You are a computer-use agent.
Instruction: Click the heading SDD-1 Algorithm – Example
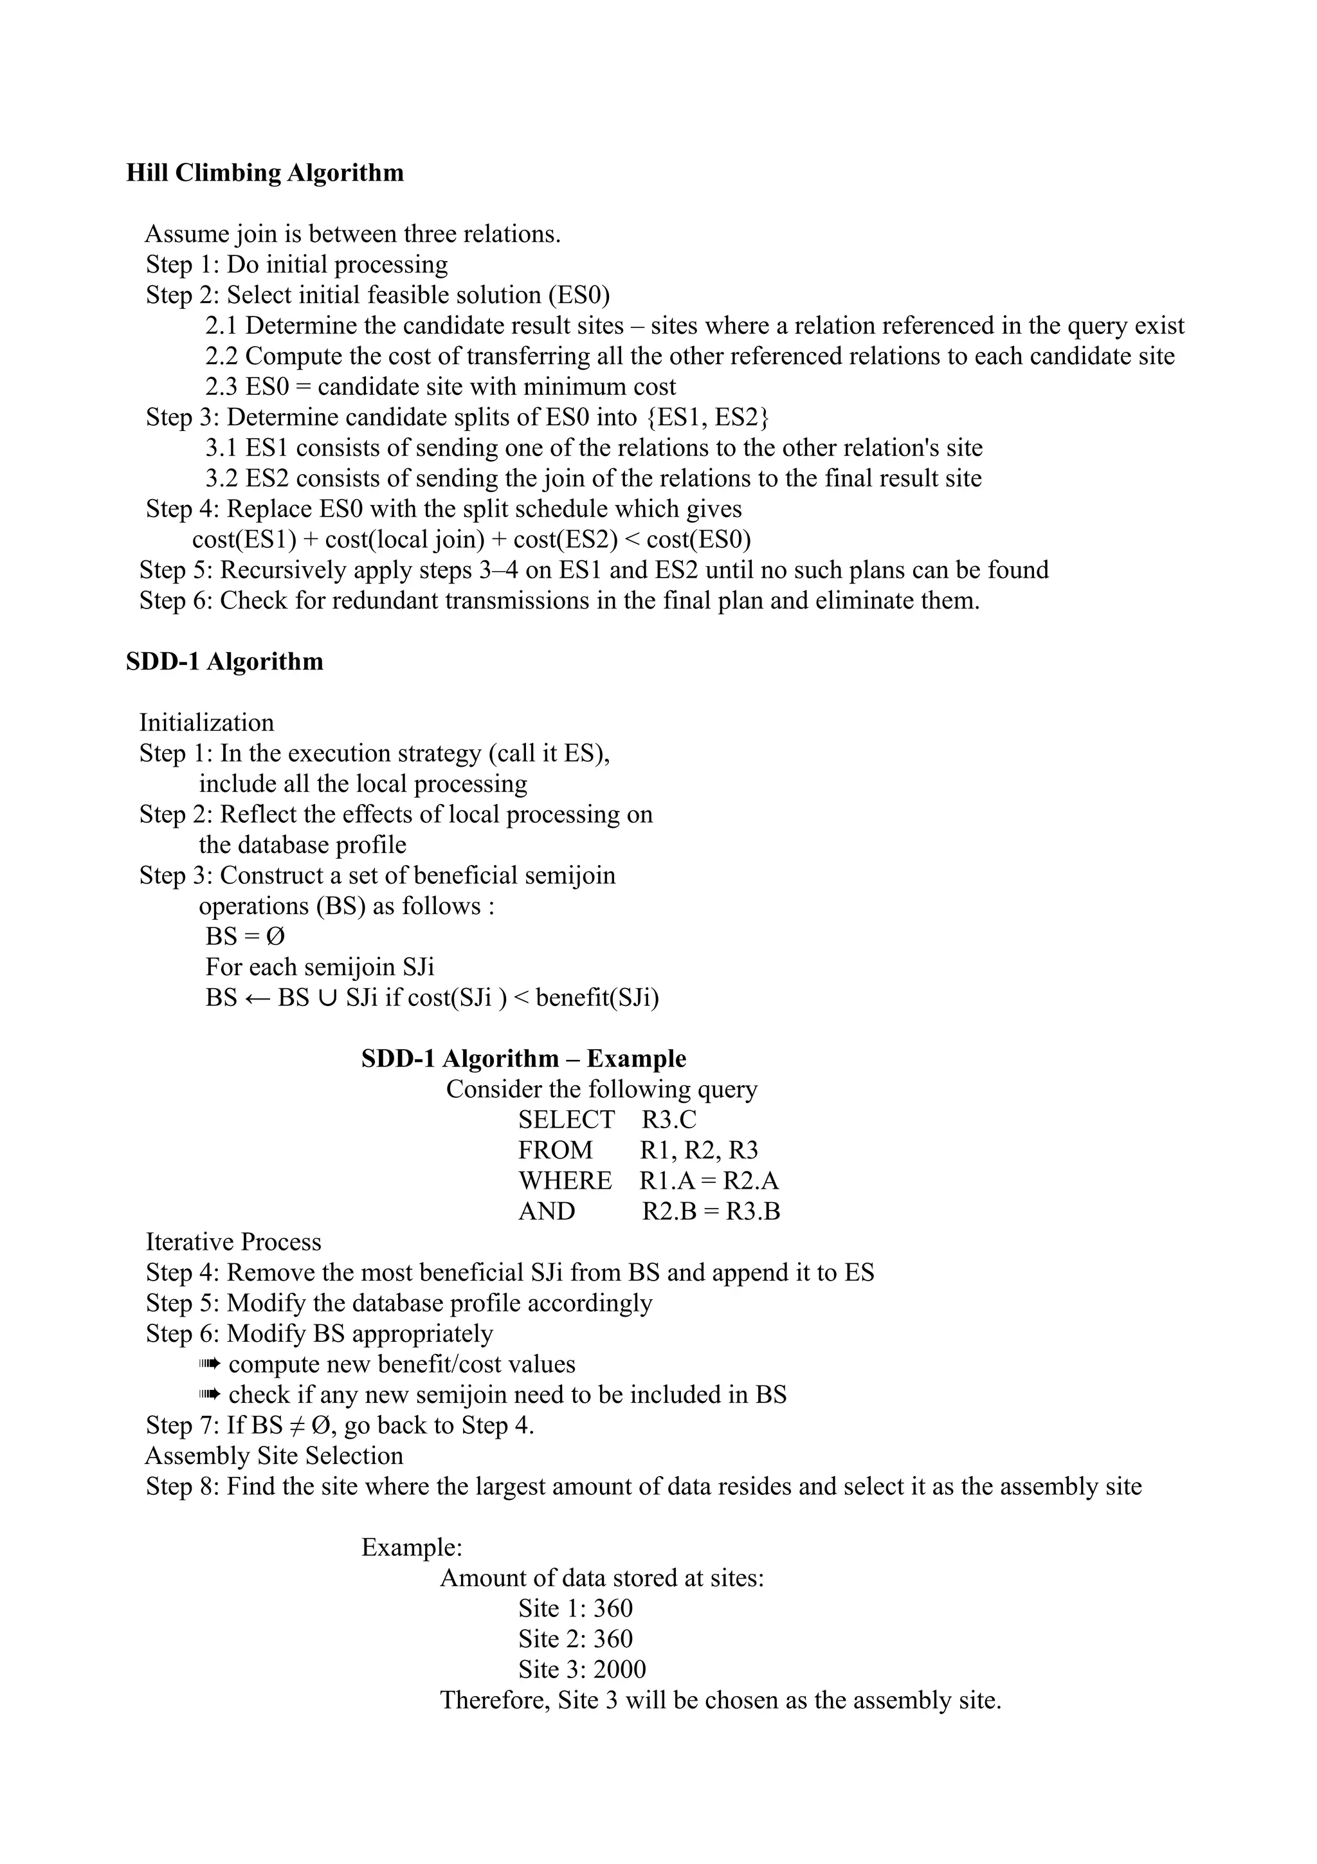523,1059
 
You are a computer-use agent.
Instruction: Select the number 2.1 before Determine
221,325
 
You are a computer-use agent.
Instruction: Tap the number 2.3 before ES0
221,387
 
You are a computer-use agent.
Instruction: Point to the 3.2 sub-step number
221,478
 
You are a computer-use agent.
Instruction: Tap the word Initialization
206,722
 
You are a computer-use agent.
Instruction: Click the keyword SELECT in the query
567,1120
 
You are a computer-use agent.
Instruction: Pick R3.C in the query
669,1120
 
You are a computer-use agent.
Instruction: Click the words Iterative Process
233,1242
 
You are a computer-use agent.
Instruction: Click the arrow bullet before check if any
210,1394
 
